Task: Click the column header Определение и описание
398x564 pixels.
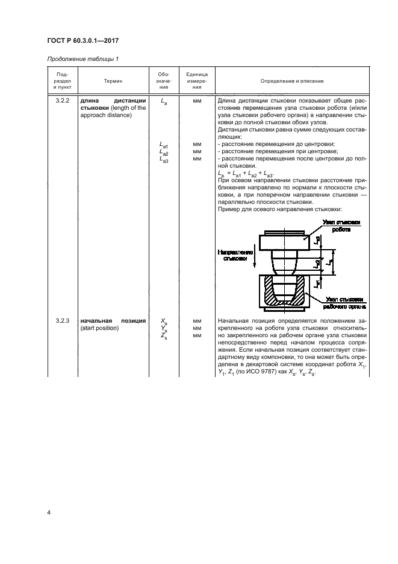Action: (292, 80)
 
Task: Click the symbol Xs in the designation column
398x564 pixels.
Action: (164, 322)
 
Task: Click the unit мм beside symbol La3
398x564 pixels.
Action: (196, 159)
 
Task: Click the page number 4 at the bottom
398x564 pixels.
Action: (48, 513)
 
